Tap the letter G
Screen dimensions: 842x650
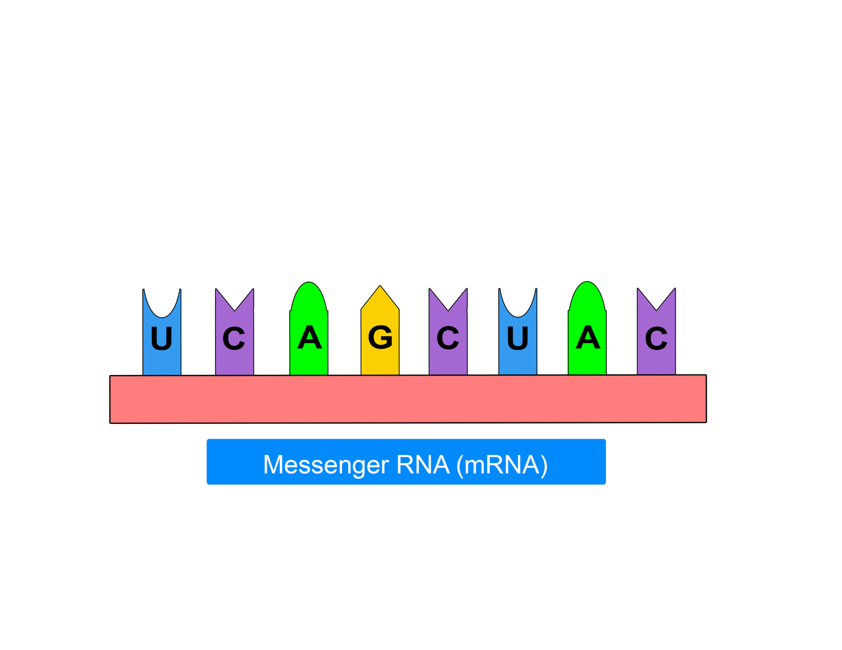(380, 337)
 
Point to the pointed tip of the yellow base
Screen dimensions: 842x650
(380, 286)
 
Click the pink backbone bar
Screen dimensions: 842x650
(408, 399)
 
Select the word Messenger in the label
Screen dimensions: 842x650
(325, 464)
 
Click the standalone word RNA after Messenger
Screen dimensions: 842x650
(423, 464)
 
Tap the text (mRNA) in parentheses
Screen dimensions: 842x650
(502, 464)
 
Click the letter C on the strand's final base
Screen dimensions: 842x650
(656, 338)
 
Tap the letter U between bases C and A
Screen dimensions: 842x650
(517, 338)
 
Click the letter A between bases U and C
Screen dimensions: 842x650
(588, 337)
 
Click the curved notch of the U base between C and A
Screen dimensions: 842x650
(518, 317)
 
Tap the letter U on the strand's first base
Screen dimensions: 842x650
(161, 338)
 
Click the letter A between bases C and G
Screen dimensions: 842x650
(309, 337)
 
